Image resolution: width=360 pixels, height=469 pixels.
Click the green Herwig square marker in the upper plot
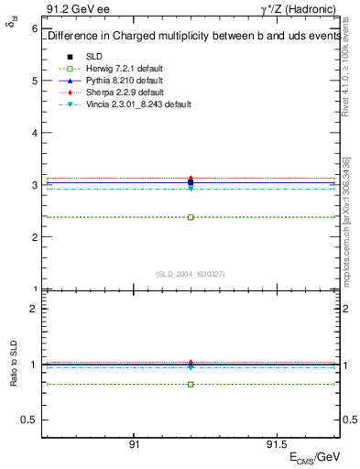pos(191,217)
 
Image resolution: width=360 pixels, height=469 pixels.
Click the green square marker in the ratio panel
pos(191,384)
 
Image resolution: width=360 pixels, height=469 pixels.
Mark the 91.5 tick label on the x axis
pos(275,443)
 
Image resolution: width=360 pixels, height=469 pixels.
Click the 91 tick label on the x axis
pos(134,443)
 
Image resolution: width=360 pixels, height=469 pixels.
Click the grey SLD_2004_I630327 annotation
pos(191,273)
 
